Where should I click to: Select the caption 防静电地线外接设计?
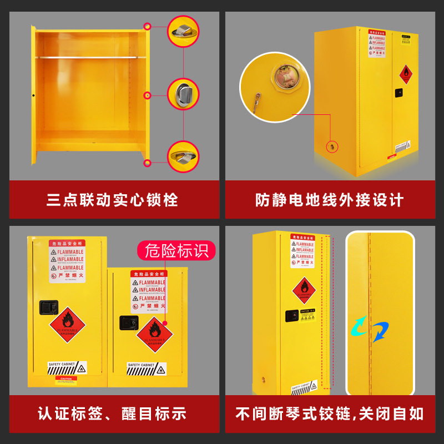coord(330,200)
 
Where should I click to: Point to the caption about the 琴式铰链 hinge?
coord(330,413)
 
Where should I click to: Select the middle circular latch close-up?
coord(183,94)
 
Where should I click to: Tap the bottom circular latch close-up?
coord(183,156)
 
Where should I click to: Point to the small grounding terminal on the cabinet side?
coord(331,147)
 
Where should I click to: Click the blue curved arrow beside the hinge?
coord(380,332)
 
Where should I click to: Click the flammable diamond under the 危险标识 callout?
coord(154,335)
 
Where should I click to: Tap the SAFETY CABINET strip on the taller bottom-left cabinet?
coord(67,367)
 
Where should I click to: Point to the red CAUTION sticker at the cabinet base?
coord(66,380)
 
